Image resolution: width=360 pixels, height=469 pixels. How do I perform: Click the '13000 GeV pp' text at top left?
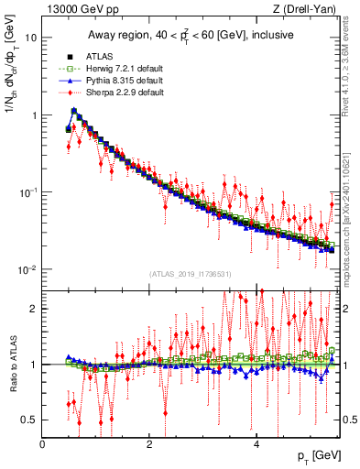pos(76,10)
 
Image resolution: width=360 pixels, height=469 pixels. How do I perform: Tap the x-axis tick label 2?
pos(149,443)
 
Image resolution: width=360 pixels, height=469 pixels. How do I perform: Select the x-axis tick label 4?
pos(256,443)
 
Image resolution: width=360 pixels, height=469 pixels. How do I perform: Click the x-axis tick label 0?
pos(43,443)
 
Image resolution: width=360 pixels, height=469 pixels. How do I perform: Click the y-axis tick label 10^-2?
pos(27,269)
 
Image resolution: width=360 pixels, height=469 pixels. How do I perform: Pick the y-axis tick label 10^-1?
pos(27,192)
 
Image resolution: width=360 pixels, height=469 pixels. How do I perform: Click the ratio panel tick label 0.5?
pos(30,420)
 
